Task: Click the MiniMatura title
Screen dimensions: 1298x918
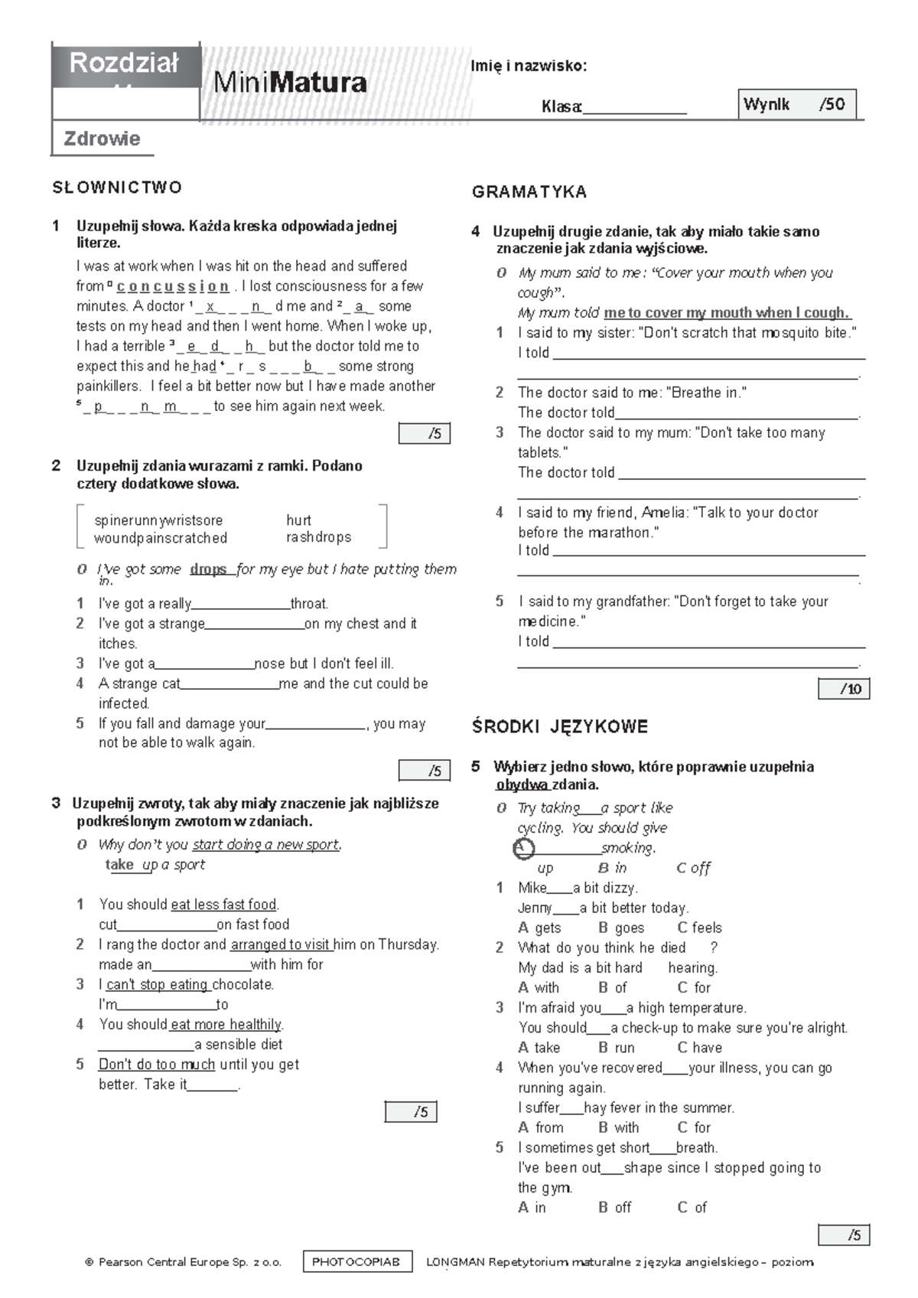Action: pyautogui.click(x=290, y=83)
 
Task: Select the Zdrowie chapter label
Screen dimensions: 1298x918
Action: pyautogui.click(x=102, y=139)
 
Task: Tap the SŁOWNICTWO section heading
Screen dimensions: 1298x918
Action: pyautogui.click(x=117, y=188)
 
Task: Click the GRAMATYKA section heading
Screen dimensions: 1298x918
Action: pyautogui.click(x=529, y=192)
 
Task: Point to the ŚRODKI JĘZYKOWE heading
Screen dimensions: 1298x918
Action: pyautogui.click(x=560, y=727)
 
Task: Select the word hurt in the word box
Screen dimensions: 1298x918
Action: pyautogui.click(x=298, y=520)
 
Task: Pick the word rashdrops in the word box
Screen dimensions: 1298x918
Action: pyautogui.click(x=318, y=537)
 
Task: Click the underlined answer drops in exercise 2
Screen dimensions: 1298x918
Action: pyautogui.click(x=209, y=569)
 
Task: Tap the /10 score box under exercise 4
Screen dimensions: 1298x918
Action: pyautogui.click(x=844, y=689)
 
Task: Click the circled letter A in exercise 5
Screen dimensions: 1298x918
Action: pyautogui.click(x=523, y=849)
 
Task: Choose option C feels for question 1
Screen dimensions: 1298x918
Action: pyautogui.click(x=700, y=928)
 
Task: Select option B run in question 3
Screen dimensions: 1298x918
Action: pyautogui.click(x=617, y=1048)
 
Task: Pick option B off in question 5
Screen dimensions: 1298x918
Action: pyautogui.click(x=615, y=1208)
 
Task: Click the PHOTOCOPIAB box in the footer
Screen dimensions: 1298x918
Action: pyautogui.click(x=357, y=1263)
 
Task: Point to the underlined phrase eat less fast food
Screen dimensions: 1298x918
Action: pyautogui.click(x=223, y=905)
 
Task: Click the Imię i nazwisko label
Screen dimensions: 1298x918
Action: pyautogui.click(x=529, y=66)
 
